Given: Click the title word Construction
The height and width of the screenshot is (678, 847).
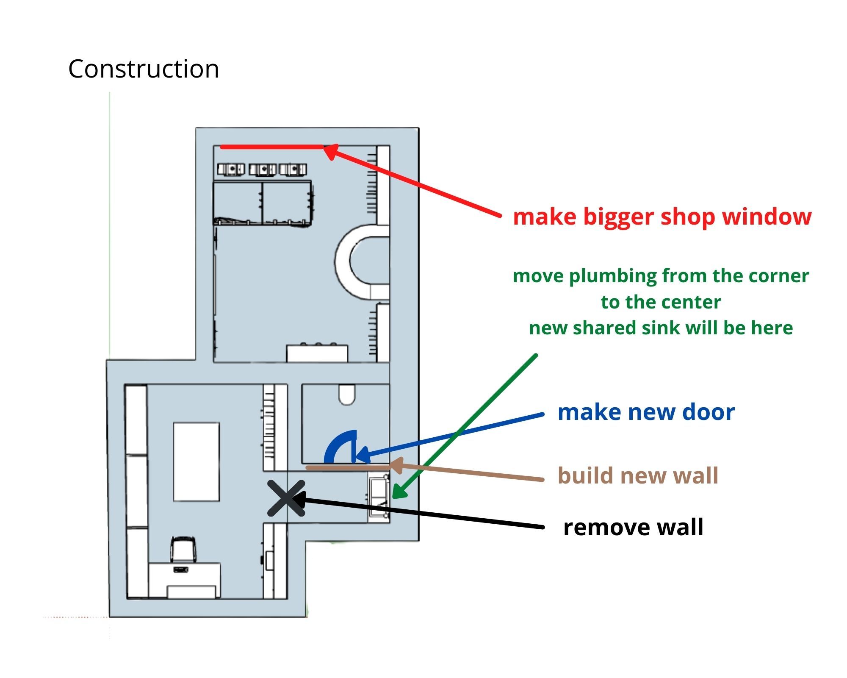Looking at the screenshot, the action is tap(144, 69).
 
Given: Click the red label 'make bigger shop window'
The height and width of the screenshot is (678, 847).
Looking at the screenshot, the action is tap(662, 217).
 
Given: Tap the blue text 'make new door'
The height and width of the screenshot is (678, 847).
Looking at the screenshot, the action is tap(646, 412).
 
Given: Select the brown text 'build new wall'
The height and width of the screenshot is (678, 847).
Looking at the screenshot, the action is tap(638, 475).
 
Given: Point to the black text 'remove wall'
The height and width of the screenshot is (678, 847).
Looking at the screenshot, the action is tap(633, 527).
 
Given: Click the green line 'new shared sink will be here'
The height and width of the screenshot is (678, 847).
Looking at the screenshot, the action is tap(661, 328).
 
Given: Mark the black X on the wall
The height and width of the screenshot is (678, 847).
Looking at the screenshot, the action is tap(286, 498).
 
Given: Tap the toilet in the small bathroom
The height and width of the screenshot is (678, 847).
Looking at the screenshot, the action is tap(347, 395).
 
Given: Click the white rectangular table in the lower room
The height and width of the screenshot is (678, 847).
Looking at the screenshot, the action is tap(197, 461).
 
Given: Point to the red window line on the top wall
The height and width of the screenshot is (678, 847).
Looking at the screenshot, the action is tap(272, 147).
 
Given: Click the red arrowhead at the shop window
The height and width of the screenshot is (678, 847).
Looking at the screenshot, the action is tap(332, 152).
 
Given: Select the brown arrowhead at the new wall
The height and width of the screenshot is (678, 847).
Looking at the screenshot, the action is tap(396, 466).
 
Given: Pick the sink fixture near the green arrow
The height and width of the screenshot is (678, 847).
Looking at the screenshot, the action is tap(379, 497).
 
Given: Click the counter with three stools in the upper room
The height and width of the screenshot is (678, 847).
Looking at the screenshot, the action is tap(317, 353).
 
